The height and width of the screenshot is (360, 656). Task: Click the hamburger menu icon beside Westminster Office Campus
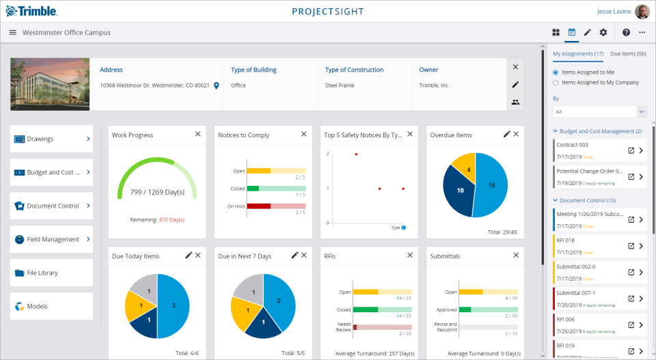[12, 32]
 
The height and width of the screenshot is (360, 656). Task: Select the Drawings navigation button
[51, 139]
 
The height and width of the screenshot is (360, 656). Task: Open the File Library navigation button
[51, 273]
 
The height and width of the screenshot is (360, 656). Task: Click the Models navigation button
[51, 306]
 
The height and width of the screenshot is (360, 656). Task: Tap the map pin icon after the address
[216, 85]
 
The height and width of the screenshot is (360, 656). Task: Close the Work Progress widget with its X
[197, 135]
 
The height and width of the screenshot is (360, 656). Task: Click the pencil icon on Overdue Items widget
[506, 135]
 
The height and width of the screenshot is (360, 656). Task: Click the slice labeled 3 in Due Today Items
[174, 305]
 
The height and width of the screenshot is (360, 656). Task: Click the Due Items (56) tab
[628, 54]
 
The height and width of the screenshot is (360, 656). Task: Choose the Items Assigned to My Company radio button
[556, 83]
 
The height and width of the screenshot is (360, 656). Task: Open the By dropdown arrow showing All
[640, 111]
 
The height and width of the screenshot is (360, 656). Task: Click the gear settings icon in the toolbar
[603, 32]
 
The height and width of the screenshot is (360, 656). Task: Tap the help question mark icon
[626, 32]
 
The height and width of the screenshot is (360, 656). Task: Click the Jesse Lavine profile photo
[642, 12]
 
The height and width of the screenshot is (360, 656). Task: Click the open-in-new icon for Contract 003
[631, 150]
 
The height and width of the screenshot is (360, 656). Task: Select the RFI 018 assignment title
[565, 240]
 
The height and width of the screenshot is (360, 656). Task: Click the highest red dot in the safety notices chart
[356, 154]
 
